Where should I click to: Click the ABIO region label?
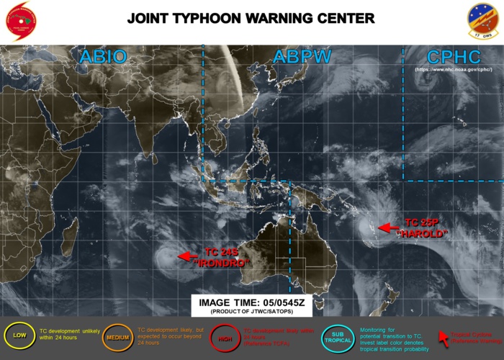pos(104,57)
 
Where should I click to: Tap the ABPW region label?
pos(297,57)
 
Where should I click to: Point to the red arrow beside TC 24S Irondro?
pos(189,256)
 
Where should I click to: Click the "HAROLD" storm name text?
pos(426,234)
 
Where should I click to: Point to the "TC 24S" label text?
pos(222,252)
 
